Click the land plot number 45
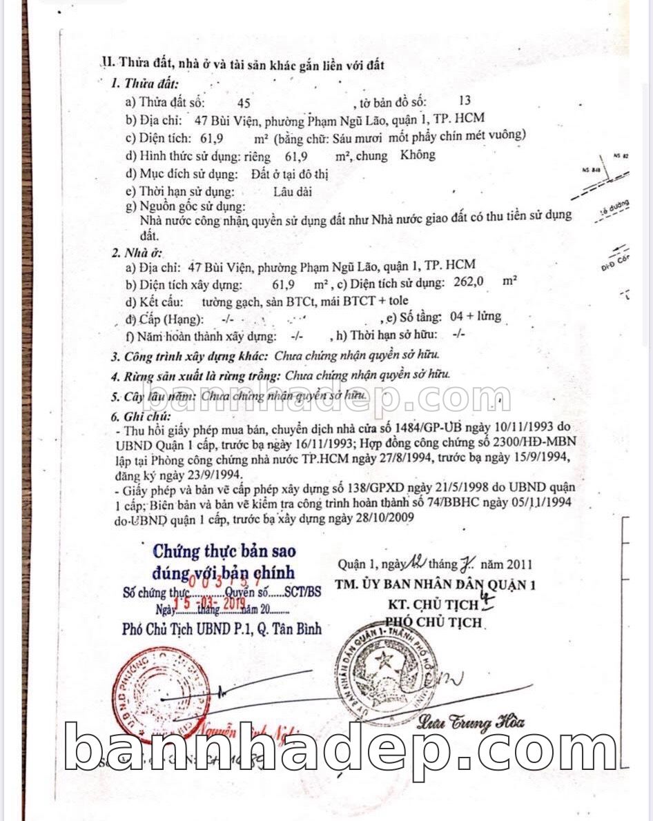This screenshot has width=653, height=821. pyautogui.click(x=244, y=103)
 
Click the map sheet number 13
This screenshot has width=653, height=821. pyautogui.click(x=465, y=101)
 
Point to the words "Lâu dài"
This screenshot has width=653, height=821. pyautogui.click(x=292, y=191)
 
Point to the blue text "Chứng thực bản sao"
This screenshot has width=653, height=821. pyautogui.click(x=224, y=551)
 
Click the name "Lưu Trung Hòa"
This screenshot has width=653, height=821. pyautogui.click(x=471, y=722)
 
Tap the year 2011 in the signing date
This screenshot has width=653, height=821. pyautogui.click(x=520, y=564)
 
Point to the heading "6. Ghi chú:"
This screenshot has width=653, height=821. pyautogui.click(x=140, y=417)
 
